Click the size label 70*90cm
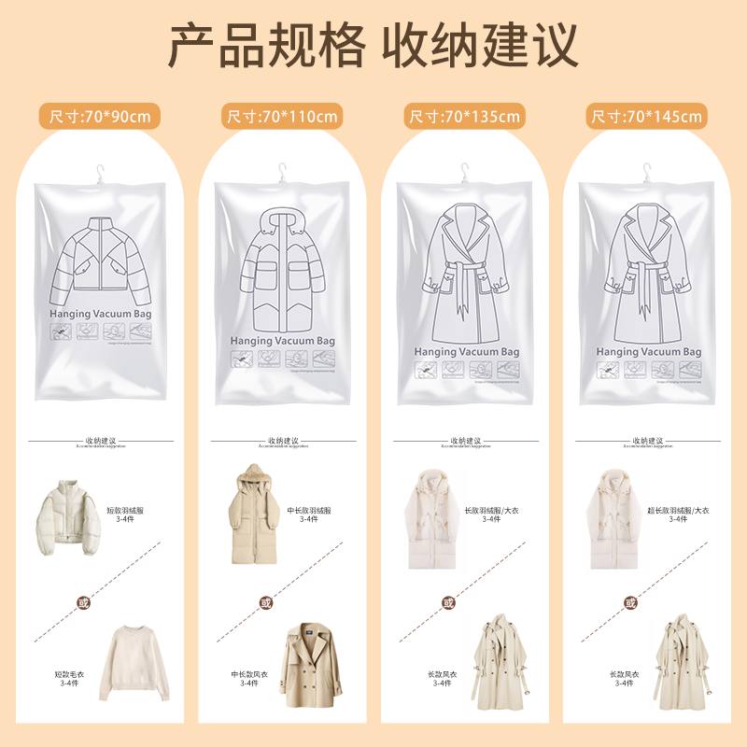click(99, 117)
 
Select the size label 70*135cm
click(463, 117)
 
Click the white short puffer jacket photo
click(68, 519)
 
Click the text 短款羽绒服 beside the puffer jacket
click(126, 511)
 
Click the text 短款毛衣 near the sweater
click(68, 672)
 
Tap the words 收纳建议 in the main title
click(484, 45)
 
